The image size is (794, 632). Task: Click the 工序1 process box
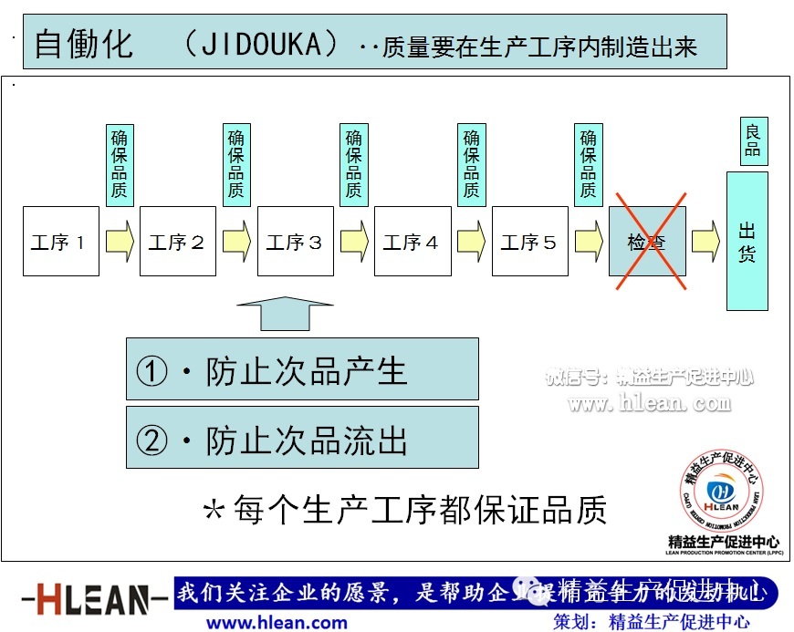(x=61, y=242)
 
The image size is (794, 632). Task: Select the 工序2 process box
(x=177, y=242)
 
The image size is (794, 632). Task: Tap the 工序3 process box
(x=295, y=242)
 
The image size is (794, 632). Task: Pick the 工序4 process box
(x=413, y=242)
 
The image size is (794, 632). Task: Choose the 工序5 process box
(x=529, y=242)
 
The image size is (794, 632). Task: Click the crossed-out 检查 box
(x=647, y=242)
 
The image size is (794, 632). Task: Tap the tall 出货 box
(x=747, y=242)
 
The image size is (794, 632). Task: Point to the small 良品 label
(x=753, y=142)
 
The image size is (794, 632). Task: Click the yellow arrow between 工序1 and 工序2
(x=119, y=242)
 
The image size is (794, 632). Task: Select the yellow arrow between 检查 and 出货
(x=705, y=242)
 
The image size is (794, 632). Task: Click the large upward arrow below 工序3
(x=285, y=313)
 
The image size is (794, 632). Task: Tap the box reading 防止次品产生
(x=302, y=369)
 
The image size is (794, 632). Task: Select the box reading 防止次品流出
(x=302, y=438)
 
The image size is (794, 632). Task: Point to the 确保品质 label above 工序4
(x=471, y=165)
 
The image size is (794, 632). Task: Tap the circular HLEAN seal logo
(x=722, y=491)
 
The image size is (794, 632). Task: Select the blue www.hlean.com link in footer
(x=277, y=623)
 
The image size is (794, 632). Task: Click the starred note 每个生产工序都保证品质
(x=404, y=509)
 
